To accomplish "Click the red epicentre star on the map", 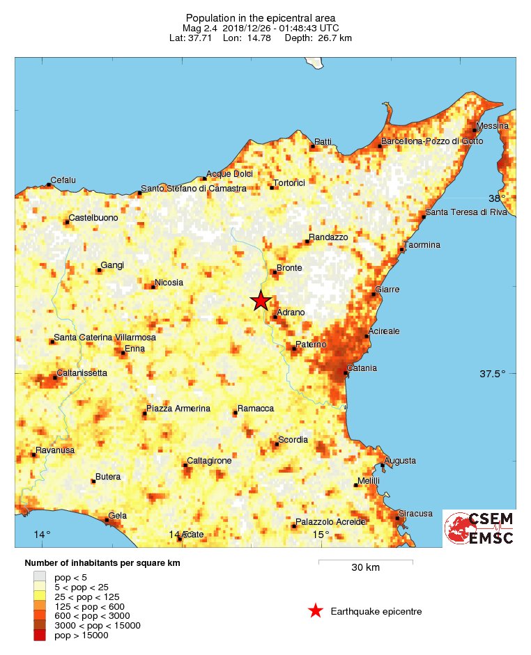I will point(261,301).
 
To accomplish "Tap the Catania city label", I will point(362,368).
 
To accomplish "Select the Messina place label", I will point(493,125).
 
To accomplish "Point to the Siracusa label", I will point(416,513).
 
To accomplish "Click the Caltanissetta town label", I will point(82,372).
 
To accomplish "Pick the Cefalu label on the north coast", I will point(63,180).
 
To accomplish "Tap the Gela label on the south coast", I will point(118,515).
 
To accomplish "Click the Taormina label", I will point(423,245).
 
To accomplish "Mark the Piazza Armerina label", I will point(178,408).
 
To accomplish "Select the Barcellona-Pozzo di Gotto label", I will point(431,141).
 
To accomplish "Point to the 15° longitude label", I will point(321,535).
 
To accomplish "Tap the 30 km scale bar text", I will point(365,567).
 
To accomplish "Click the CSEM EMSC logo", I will point(479,528).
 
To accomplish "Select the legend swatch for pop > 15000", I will point(40,635).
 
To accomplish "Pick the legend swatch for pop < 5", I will point(40,576).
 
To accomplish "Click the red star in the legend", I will point(315,611).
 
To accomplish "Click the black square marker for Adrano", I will point(275,317).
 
